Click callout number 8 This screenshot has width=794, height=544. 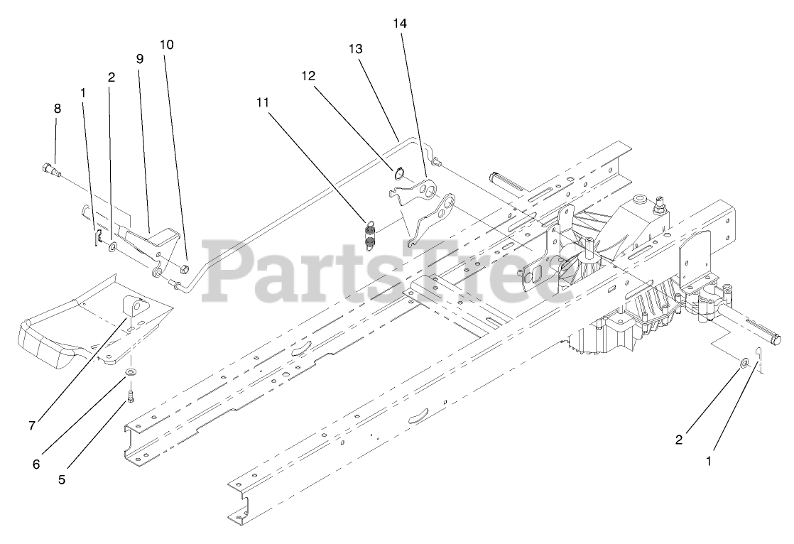click(x=58, y=109)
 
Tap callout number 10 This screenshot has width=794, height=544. click(x=166, y=45)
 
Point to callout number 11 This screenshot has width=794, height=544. click(x=263, y=102)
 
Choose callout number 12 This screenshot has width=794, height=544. click(x=308, y=75)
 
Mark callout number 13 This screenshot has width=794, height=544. click(x=355, y=49)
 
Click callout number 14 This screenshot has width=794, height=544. click(x=400, y=23)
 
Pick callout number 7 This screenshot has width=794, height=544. click(x=32, y=425)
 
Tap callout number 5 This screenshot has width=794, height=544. click(x=62, y=479)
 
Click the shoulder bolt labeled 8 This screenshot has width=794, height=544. click(x=50, y=169)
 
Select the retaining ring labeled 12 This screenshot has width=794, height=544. click(x=400, y=171)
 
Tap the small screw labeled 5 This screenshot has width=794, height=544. click(x=131, y=395)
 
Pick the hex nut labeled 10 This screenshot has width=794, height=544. click(x=185, y=268)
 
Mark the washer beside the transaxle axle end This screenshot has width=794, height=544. click(x=743, y=364)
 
